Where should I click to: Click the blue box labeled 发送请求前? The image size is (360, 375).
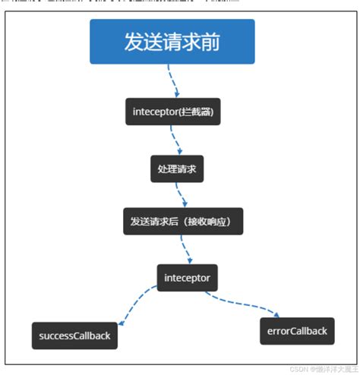coord(172,42)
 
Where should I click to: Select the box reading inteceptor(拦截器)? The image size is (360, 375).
coord(172,112)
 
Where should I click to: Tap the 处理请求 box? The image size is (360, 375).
coord(177,169)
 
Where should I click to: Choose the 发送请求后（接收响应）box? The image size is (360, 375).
coord(182,222)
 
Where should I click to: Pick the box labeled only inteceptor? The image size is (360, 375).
coord(188,278)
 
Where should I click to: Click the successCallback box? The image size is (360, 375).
coord(74,335)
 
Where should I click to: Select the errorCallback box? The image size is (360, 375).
coord(297,331)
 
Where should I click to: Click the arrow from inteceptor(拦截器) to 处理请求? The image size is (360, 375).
coord(176,140)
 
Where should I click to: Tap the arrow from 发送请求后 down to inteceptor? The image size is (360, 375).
coord(185,249)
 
